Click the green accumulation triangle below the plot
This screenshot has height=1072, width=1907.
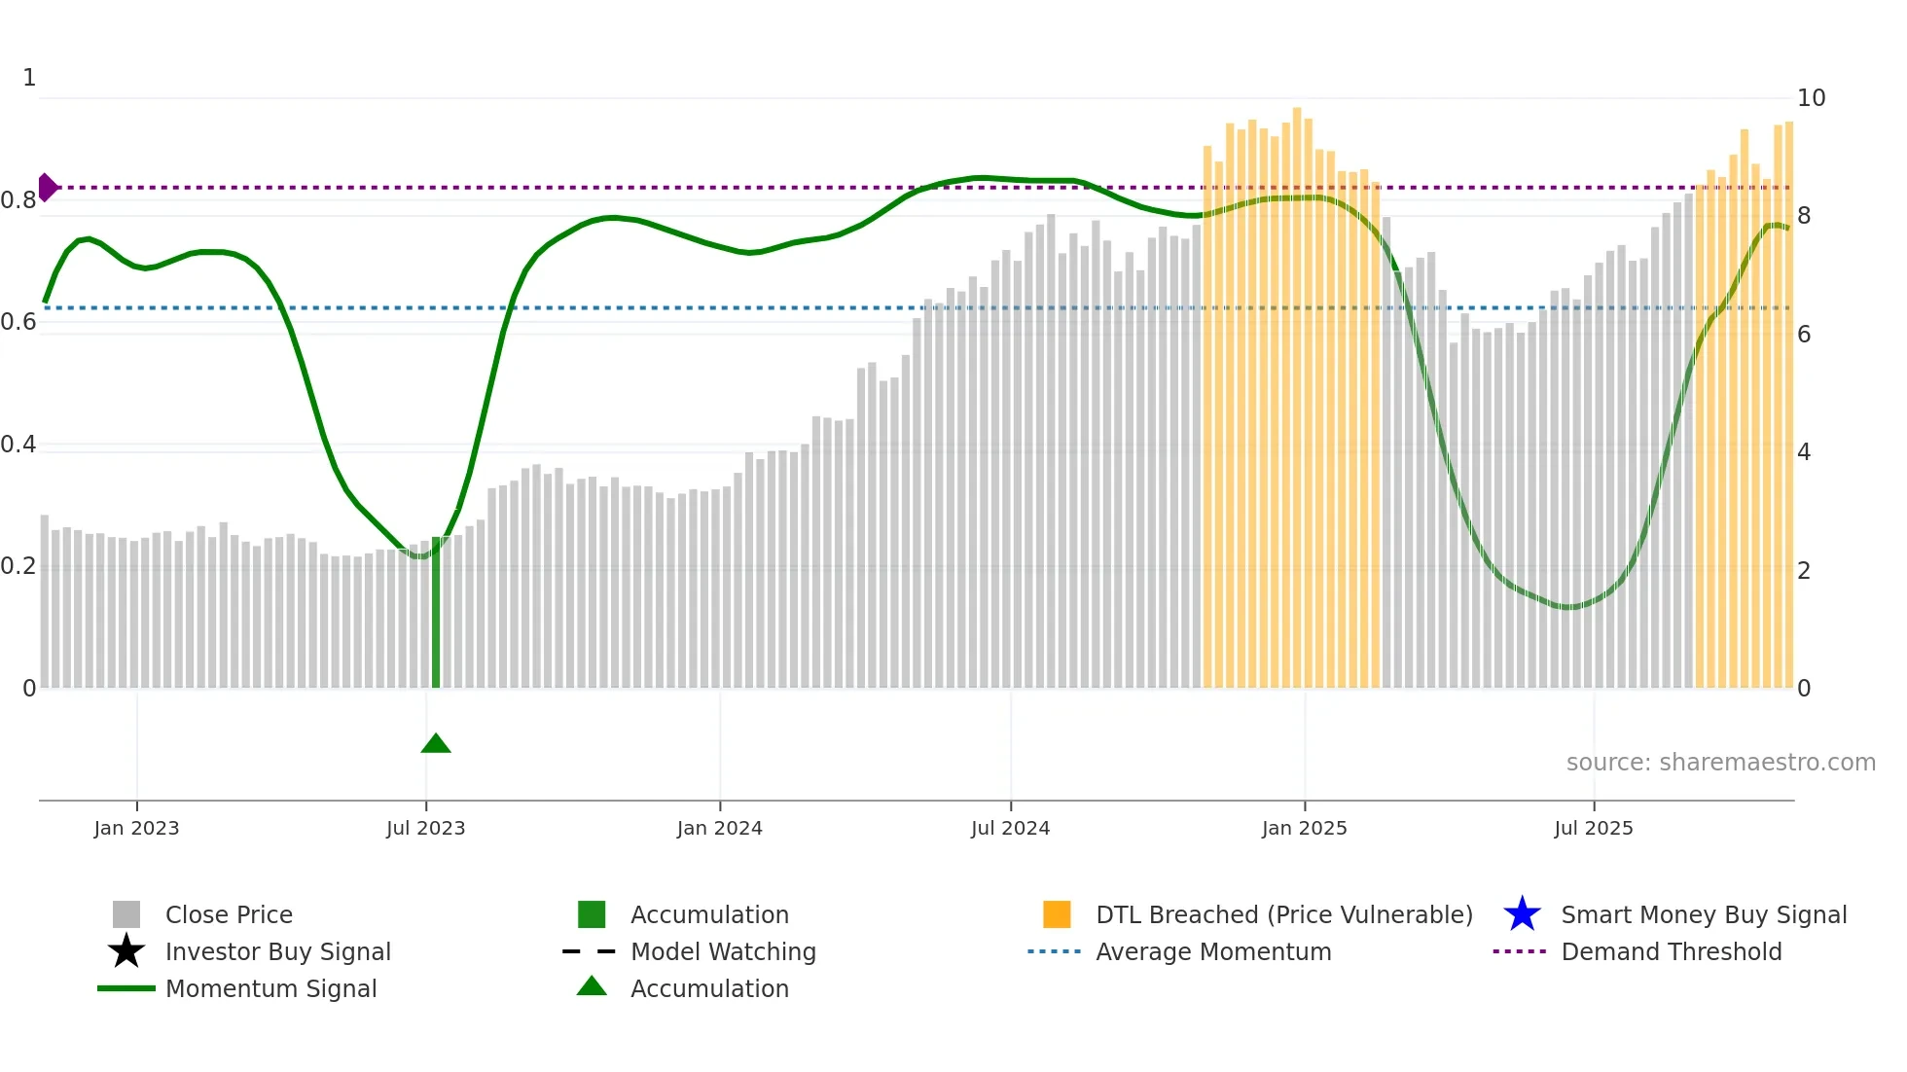click(x=436, y=744)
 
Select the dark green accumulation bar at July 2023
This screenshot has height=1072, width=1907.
click(x=436, y=613)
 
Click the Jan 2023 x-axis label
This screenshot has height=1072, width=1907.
click(x=136, y=828)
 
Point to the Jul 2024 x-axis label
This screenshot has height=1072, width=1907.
click(x=1010, y=828)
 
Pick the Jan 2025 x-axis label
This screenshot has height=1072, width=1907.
click(x=1304, y=828)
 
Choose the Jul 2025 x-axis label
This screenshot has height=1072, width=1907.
click(x=1593, y=828)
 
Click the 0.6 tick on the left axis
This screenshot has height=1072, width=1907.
click(x=18, y=322)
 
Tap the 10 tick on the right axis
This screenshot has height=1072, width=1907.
click(x=1811, y=98)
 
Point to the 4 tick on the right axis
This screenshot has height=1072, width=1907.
click(x=1803, y=452)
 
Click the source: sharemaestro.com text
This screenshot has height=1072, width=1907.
click(x=1720, y=763)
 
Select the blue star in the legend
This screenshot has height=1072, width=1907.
click(x=1522, y=914)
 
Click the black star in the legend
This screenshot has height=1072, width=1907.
click(x=126, y=951)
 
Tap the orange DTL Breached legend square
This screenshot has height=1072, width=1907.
click(x=1057, y=914)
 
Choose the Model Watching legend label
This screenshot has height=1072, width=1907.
click(x=723, y=951)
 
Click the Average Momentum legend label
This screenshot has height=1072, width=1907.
click(x=1213, y=951)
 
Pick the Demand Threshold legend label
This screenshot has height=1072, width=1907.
click(x=1671, y=951)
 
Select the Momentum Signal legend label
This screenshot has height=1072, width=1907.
click(x=270, y=988)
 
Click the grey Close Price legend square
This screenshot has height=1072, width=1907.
click(x=126, y=914)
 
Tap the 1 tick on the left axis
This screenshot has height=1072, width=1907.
click(x=29, y=78)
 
